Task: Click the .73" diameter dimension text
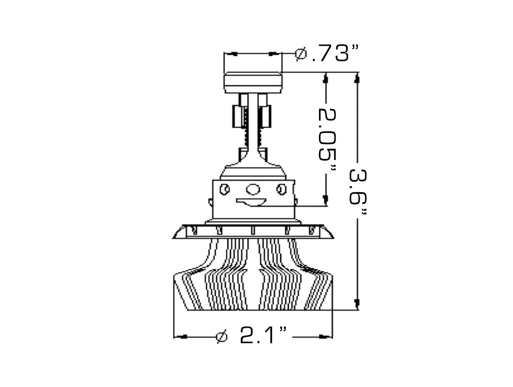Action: click(335, 53)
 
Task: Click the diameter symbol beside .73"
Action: click(301, 53)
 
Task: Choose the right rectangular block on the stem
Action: click(267, 117)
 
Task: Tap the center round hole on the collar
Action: click(253, 190)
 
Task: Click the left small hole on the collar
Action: click(225, 190)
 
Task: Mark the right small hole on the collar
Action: click(282, 190)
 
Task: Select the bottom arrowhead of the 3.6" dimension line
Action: click(357, 304)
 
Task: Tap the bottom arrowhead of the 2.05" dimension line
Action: click(327, 200)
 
